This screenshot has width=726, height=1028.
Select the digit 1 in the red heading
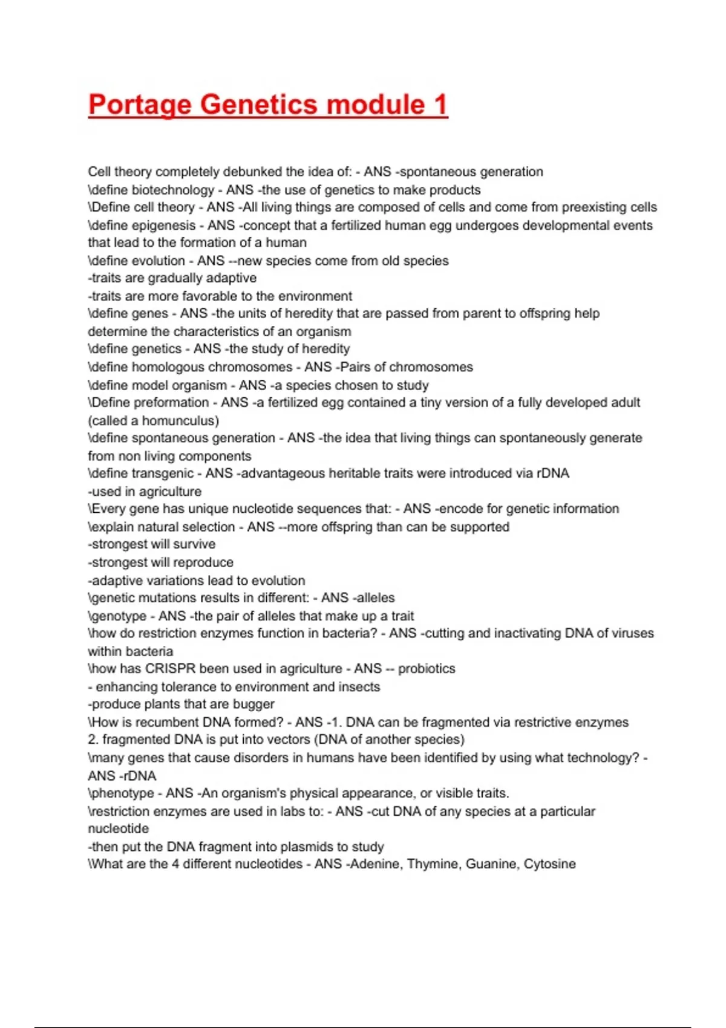pos(440,105)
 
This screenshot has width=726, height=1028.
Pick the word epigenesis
pos(164,226)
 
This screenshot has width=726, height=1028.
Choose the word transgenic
pos(163,473)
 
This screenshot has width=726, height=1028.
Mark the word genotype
pos(120,616)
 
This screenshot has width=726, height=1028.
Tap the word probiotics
pos(427,669)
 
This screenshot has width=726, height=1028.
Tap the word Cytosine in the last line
pos(549,864)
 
